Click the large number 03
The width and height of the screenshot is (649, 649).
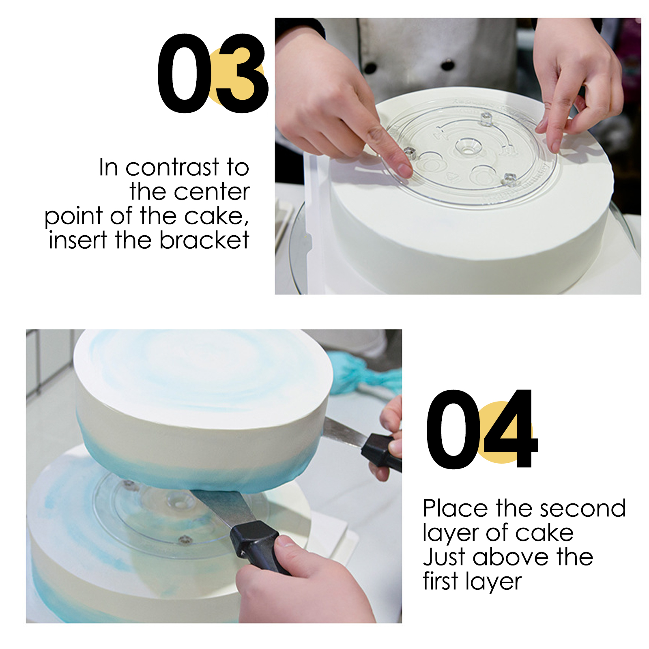tap(213, 73)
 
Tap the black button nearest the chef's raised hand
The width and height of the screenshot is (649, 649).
tap(447, 64)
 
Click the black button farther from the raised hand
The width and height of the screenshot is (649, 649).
tap(370, 67)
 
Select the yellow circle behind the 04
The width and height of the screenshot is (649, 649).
tap(503, 432)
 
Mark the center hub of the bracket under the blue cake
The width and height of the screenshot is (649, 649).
tap(177, 502)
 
